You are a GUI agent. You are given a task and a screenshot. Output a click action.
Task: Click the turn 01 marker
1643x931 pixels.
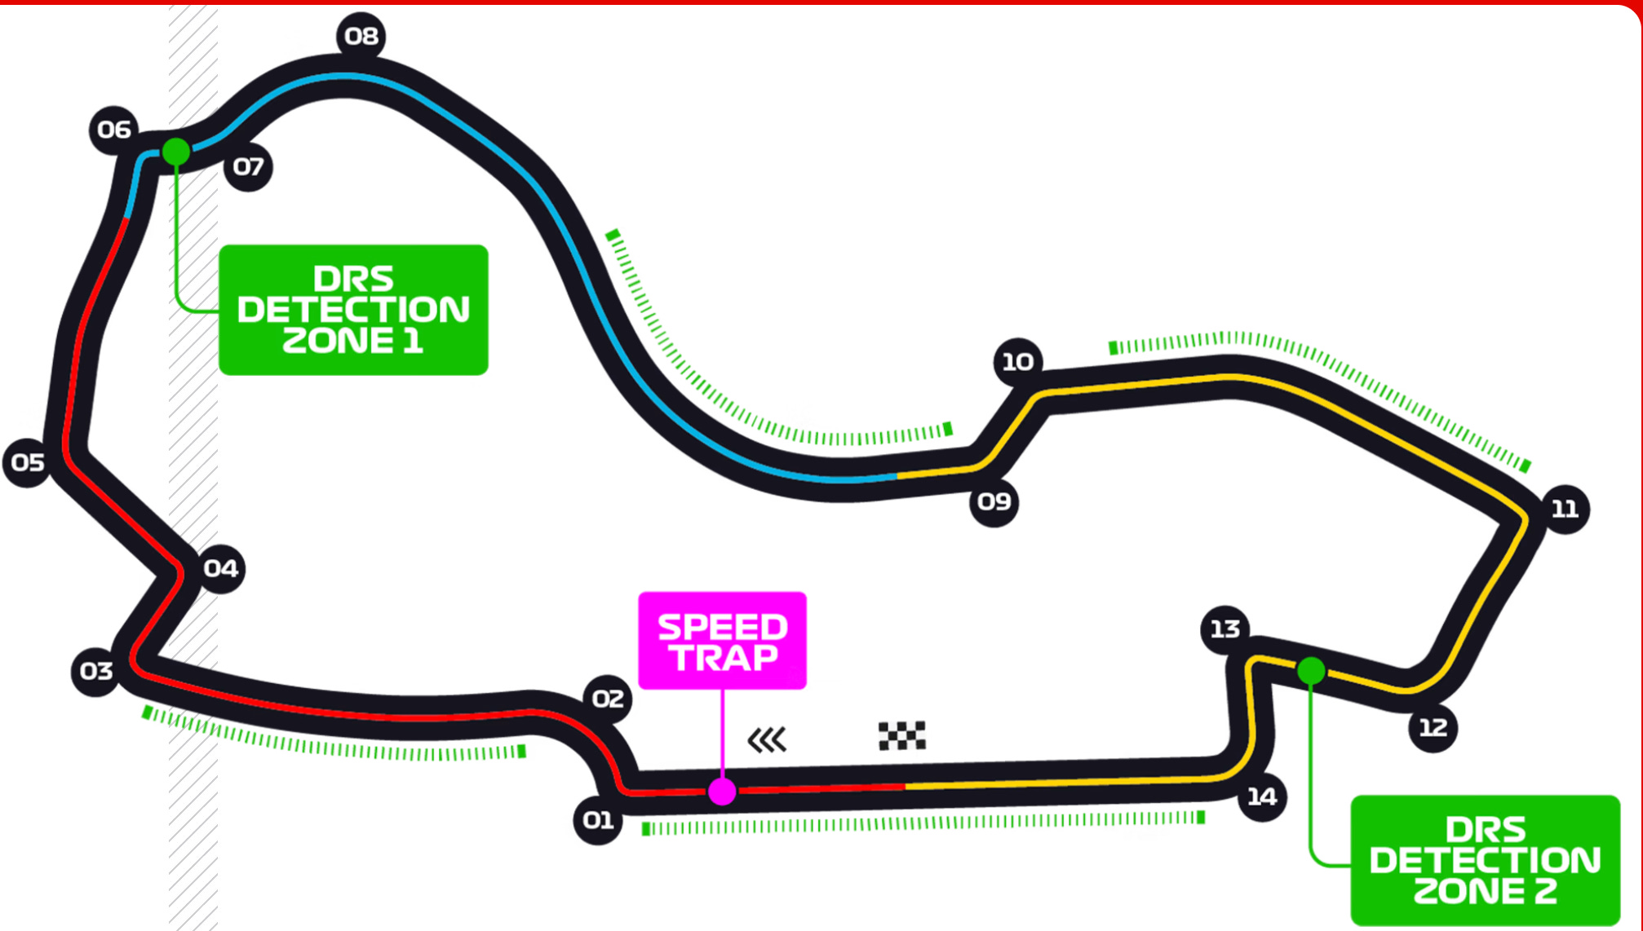click(598, 819)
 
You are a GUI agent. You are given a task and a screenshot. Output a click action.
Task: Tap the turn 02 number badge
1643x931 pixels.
click(608, 699)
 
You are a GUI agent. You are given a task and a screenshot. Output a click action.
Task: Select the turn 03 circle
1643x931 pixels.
click(96, 671)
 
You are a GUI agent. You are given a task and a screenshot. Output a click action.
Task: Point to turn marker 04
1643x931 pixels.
click(220, 568)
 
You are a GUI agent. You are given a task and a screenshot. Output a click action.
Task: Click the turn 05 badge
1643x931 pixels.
click(28, 462)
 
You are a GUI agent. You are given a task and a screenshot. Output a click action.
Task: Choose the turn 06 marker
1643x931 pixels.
click(113, 130)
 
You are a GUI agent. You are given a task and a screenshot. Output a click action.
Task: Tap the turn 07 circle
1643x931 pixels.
click(248, 167)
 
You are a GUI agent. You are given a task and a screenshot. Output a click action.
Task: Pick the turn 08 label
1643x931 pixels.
click(361, 36)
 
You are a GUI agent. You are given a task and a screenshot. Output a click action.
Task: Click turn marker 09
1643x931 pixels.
click(994, 501)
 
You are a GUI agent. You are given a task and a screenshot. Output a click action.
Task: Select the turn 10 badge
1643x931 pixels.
click(1017, 361)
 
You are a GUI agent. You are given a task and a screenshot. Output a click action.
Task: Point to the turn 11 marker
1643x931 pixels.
click(1564, 510)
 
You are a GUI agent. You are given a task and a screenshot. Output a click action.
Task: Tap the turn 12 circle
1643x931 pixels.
click(1433, 727)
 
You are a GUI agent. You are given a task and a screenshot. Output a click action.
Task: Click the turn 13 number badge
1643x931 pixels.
click(1224, 629)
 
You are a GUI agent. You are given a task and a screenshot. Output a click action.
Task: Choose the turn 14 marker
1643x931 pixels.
click(1261, 796)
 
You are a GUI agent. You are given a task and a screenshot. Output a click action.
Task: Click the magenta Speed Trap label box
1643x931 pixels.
click(722, 641)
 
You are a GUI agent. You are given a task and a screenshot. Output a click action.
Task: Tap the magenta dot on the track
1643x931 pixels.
click(722, 791)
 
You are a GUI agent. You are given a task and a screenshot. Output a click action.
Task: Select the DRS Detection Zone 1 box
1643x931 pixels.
click(353, 310)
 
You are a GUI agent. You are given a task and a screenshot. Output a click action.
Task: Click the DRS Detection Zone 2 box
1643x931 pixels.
click(1485, 860)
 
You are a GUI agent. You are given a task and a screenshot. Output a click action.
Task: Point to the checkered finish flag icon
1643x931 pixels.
click(901, 735)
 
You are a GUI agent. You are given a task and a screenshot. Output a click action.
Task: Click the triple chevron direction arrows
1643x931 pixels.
click(767, 739)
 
